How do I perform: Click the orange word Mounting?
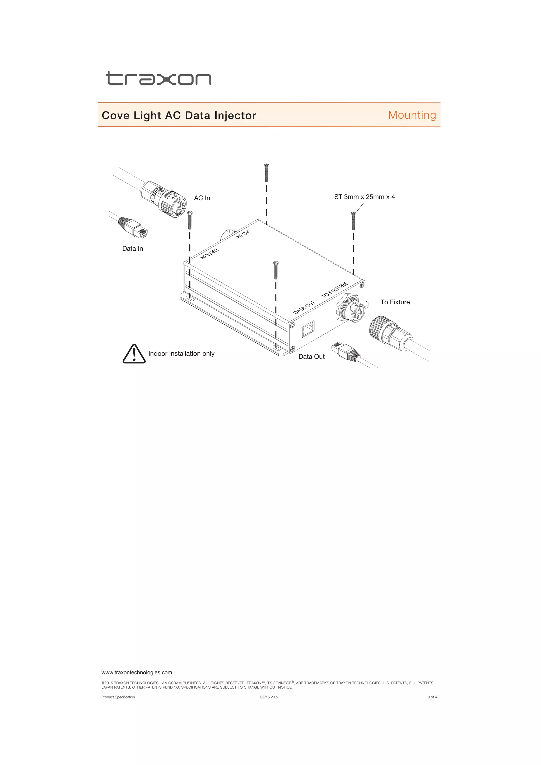point(412,115)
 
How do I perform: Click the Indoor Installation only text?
point(181,353)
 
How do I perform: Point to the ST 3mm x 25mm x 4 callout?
point(365,197)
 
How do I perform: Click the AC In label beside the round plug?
point(202,198)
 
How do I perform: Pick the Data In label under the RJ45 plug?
point(133,249)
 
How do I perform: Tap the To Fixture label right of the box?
point(395,302)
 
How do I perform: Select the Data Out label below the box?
point(311,357)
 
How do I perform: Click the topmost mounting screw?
point(266,172)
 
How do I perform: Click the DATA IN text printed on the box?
point(209,254)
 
